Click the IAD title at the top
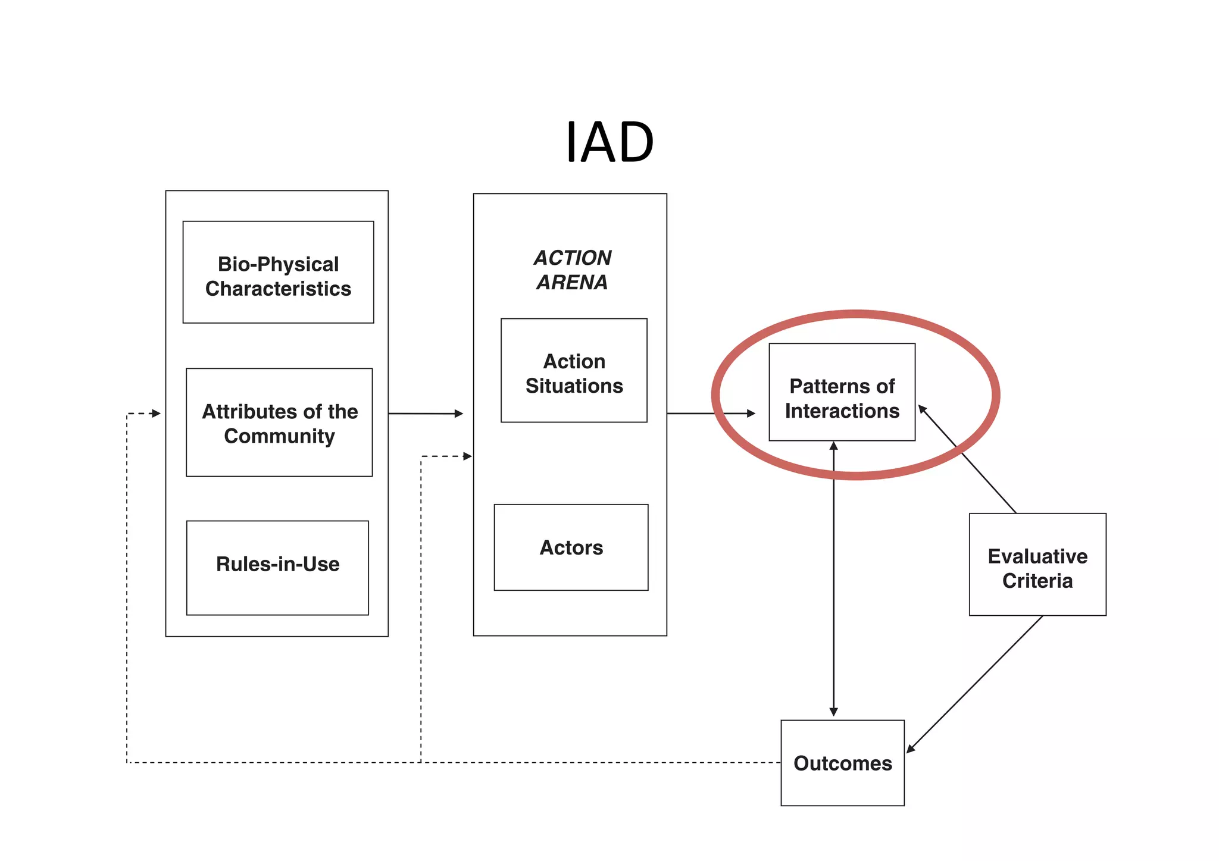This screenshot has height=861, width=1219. point(609,143)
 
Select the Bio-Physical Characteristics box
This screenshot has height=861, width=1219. point(278,273)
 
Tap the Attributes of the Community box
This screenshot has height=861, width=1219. point(279,422)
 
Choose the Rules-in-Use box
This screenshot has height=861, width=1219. point(277,567)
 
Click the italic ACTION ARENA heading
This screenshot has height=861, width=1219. point(572,270)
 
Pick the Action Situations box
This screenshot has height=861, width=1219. point(574,371)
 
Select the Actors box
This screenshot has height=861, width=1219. point(571,547)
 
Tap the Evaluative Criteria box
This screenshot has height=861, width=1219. point(1037,564)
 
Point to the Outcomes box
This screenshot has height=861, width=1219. point(842,763)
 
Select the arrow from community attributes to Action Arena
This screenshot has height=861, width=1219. point(425,413)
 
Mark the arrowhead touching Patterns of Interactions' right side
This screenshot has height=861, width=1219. point(923,409)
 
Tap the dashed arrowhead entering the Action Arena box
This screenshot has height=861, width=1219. point(467,456)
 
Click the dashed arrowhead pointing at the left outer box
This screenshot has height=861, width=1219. point(156,413)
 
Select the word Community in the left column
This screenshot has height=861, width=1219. point(279,436)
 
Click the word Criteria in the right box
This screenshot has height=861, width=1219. point(1037,581)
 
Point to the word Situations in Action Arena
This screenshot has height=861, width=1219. point(574,386)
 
